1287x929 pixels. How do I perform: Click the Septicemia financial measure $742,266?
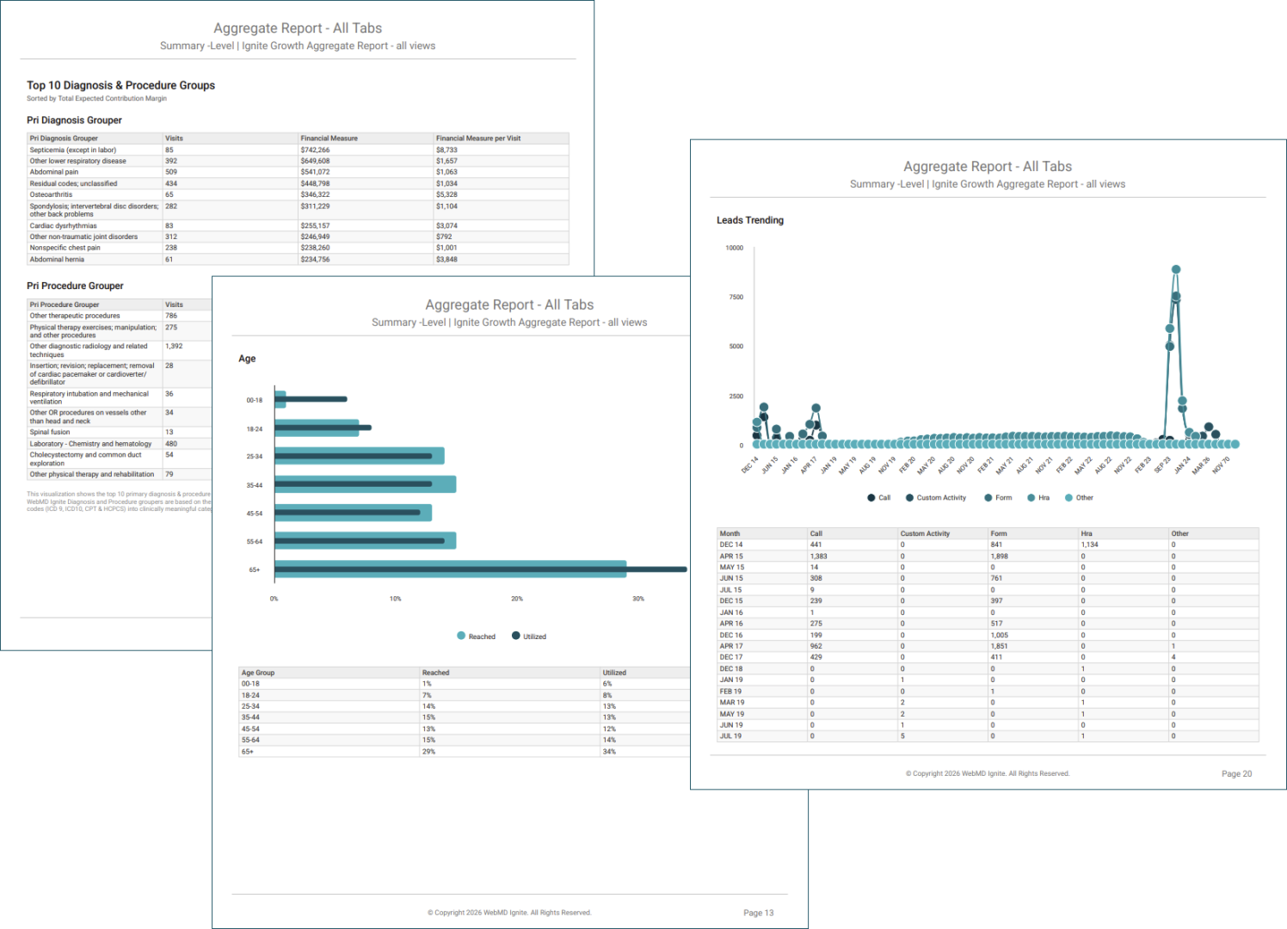[315, 150]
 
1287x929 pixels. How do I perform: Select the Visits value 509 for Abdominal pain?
[171, 172]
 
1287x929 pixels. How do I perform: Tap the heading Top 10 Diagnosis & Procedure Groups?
[120, 85]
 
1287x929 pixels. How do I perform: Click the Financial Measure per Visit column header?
[478, 138]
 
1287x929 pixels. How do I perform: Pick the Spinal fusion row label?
[50, 433]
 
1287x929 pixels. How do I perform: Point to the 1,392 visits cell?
[174, 347]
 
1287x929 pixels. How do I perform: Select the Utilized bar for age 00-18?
[311, 399]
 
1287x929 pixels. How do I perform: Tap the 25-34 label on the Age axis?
[255, 457]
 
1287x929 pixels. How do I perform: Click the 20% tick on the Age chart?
[517, 599]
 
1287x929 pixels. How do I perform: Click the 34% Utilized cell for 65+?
[609, 752]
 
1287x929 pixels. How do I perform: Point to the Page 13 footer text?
[758, 913]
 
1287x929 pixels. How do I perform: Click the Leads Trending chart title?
[750, 220]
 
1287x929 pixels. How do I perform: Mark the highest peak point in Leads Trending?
[1176, 269]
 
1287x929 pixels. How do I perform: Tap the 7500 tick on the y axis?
[736, 297]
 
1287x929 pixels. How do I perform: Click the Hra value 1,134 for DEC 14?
[1089, 544]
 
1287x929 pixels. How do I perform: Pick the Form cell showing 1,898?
[999, 557]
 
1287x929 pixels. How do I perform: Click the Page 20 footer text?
[1236, 774]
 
